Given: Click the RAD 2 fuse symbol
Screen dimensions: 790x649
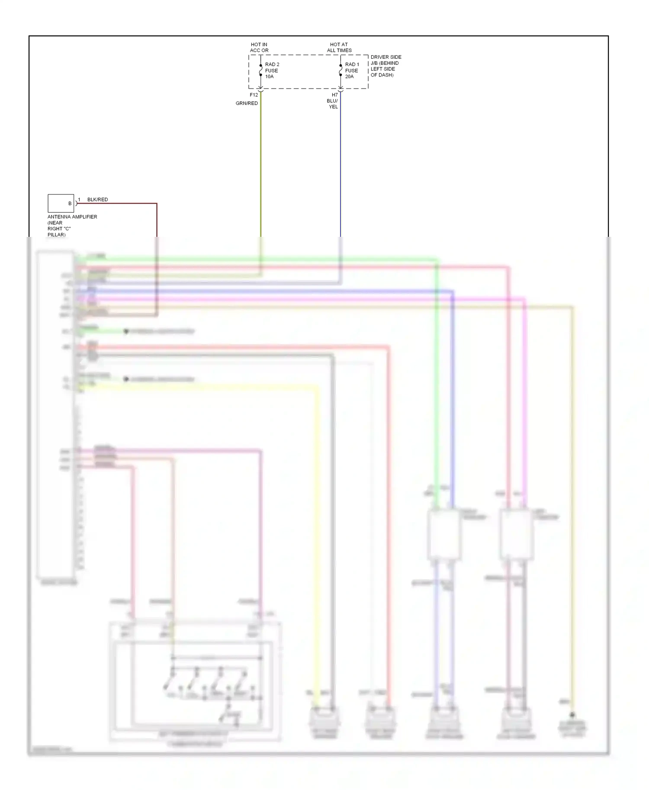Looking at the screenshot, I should (x=260, y=70).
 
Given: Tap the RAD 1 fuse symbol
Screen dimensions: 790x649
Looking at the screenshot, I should (x=341, y=70).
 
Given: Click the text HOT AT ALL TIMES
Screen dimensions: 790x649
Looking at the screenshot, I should (x=339, y=47).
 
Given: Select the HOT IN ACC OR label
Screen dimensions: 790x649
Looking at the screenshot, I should (x=259, y=47).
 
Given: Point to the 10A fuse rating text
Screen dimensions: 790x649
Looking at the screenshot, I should (x=269, y=76).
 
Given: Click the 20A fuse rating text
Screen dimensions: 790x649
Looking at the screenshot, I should (x=349, y=76).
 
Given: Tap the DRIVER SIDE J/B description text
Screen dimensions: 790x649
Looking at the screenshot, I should (x=386, y=66).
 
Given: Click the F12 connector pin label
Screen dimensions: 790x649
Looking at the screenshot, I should (x=254, y=95).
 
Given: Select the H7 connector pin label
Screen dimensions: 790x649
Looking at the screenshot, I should (x=334, y=95).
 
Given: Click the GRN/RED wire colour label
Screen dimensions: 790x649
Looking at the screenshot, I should (x=247, y=103).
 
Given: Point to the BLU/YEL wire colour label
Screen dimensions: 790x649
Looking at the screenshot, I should (x=332, y=104).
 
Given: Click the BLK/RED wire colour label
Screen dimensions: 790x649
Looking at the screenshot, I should (x=97, y=200).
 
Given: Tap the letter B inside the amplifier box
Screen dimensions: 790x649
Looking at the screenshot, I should (x=70, y=204).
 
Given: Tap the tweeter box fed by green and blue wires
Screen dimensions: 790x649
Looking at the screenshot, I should (x=443, y=535).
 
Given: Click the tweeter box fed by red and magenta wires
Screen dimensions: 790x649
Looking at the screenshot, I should (x=515, y=535).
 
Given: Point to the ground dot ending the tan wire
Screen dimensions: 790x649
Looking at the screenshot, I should (x=572, y=715).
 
